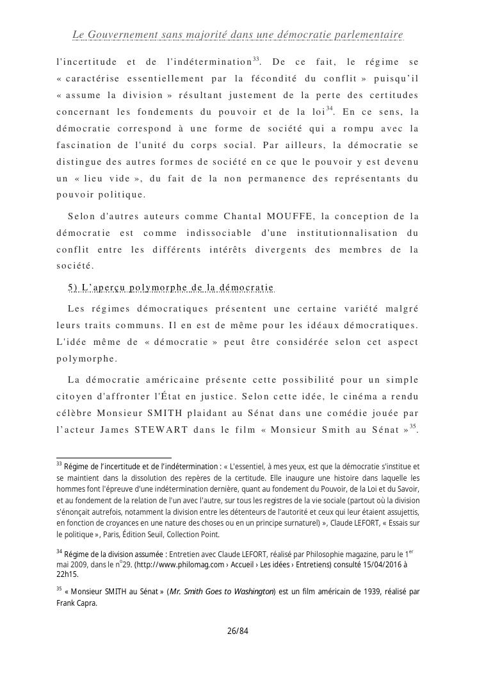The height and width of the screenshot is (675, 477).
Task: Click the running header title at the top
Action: pyautogui.click(x=238, y=34)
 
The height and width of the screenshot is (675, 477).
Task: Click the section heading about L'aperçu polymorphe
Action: pyautogui.click(x=170, y=287)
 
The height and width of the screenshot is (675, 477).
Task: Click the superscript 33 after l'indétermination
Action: pyautogui.click(x=255, y=59)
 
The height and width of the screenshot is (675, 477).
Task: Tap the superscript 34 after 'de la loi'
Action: pyautogui.click(x=329, y=108)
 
